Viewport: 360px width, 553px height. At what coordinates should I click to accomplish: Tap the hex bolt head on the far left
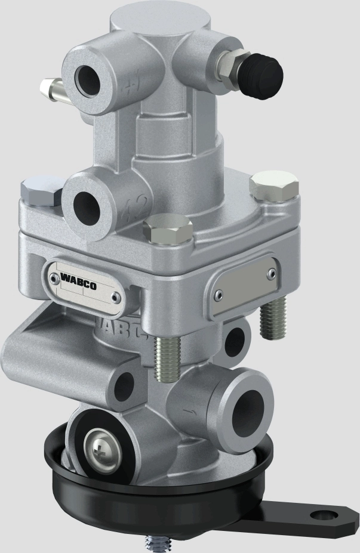39,191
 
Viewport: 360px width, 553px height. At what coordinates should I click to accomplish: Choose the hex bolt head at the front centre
168,230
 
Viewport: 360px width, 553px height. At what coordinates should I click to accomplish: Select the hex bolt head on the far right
275,186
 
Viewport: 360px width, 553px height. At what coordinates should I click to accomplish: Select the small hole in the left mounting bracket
125,385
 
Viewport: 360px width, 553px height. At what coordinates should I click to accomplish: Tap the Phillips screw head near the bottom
99,444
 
